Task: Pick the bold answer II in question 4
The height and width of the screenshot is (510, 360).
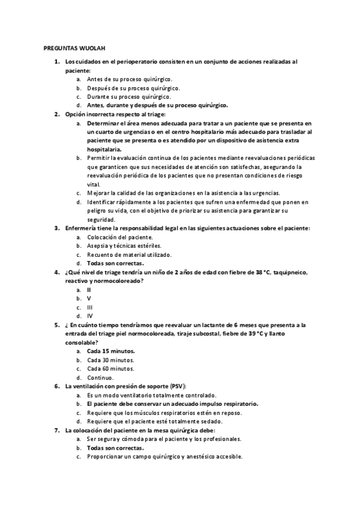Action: click(89, 289)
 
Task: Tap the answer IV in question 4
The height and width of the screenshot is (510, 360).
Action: click(90, 315)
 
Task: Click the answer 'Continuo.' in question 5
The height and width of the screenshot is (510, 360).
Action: click(100, 377)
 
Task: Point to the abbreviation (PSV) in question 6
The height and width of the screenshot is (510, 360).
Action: click(178, 386)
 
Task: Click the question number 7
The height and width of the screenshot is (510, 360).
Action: click(56, 430)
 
